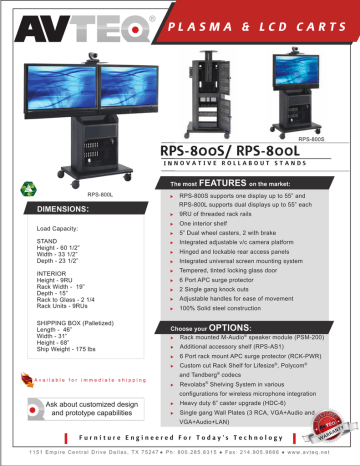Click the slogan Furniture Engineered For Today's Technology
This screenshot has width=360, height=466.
pos(180,437)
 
